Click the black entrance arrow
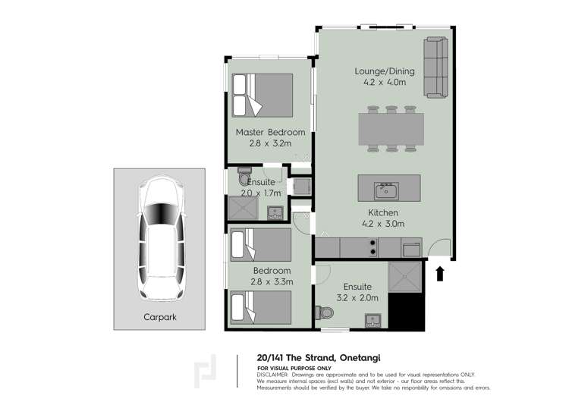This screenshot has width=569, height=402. tap(440, 272)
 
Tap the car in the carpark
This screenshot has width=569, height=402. tap(160, 238)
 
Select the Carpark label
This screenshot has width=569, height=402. tap(159, 318)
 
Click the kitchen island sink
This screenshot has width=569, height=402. tap(385, 187)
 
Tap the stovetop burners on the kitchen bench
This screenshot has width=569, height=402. tap(373, 247)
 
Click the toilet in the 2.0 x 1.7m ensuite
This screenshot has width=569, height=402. tap(244, 177)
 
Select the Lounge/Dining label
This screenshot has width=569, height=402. tap(385, 71)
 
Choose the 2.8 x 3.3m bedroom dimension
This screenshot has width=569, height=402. tap(272, 282)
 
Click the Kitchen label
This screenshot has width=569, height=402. tap(383, 213)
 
